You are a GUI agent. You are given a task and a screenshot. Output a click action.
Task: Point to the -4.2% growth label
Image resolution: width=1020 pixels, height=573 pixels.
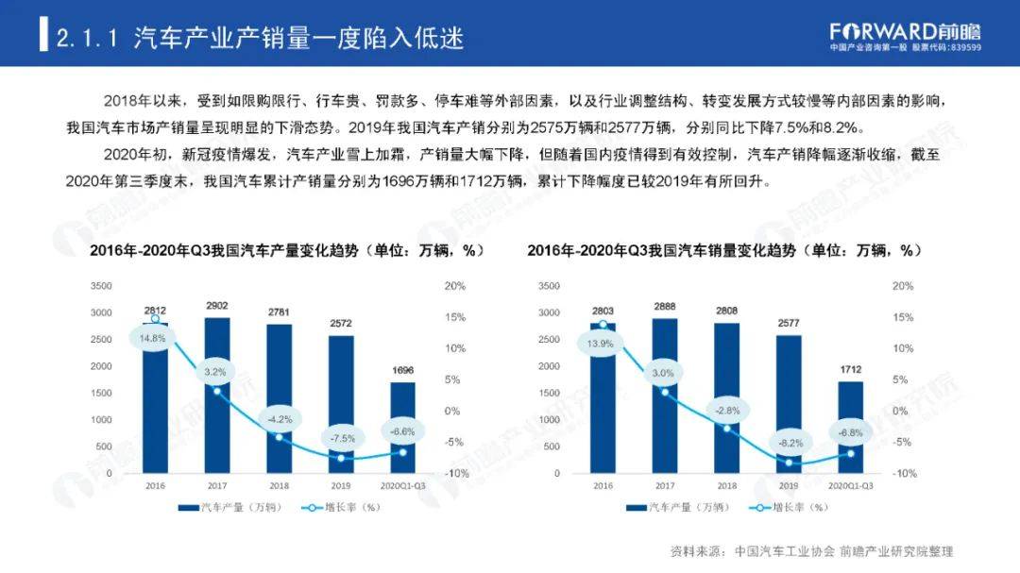(x=278, y=417)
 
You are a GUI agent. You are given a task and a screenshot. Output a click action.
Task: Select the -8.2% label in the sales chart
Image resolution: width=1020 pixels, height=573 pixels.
(x=789, y=442)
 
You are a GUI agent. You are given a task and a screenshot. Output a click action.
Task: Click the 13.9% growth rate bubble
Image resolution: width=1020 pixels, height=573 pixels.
(x=601, y=344)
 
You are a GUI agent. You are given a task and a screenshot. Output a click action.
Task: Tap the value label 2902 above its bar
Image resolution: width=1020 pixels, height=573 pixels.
(x=216, y=306)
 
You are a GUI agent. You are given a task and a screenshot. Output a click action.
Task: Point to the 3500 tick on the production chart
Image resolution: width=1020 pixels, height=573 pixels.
(x=101, y=286)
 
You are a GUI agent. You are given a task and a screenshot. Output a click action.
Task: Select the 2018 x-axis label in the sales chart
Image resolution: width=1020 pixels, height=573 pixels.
(x=726, y=485)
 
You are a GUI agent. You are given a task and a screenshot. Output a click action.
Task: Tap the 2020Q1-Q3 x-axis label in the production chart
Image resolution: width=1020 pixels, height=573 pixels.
(x=402, y=485)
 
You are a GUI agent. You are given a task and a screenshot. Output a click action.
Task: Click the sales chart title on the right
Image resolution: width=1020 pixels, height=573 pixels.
(x=723, y=250)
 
